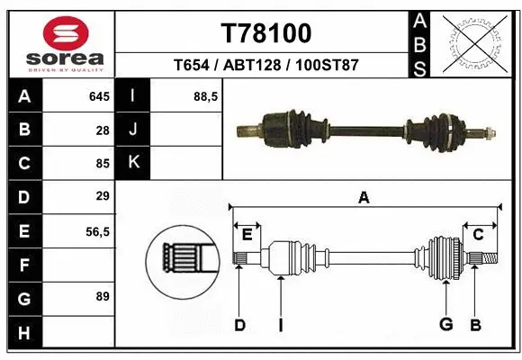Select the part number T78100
click(x=266, y=33)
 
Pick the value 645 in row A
click(x=98, y=96)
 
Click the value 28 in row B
click(x=103, y=130)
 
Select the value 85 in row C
click(x=103, y=163)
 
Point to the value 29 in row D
click(x=103, y=196)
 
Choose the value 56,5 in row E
click(x=97, y=231)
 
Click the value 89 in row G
click(x=103, y=296)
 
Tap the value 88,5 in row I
click(x=206, y=96)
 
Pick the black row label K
click(x=133, y=163)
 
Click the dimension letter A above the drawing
click(x=364, y=198)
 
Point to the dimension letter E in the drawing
click(x=247, y=234)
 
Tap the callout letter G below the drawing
click(x=445, y=324)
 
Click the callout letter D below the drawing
click(x=239, y=324)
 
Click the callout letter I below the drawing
click(x=281, y=324)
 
